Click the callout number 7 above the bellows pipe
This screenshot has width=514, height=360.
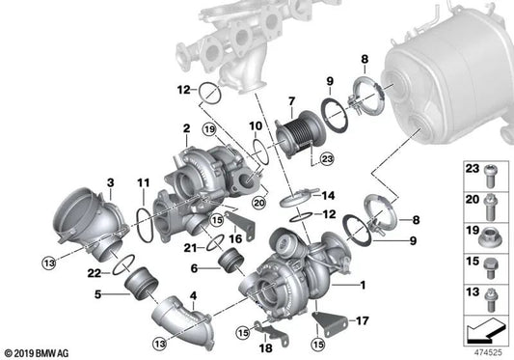291,101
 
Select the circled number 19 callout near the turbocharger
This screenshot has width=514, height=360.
209,129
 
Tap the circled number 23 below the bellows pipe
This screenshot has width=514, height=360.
327,159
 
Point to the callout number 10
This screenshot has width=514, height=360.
256,126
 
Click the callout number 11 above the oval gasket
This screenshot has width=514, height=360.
144,182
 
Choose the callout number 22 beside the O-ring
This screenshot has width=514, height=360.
95,273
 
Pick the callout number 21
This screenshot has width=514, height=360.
190,248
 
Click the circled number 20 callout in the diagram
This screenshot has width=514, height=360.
259,203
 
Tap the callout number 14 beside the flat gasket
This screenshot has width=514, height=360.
328,196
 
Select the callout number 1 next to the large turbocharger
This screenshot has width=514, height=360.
363,285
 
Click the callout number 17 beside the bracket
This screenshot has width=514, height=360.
363,320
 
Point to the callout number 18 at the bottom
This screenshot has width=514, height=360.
265,348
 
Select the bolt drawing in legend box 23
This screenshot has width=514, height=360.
491,176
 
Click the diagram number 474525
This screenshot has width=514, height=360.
488,352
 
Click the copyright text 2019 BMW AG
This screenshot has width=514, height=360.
37,353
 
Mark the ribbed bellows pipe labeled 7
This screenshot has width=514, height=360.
300,134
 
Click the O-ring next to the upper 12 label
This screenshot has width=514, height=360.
210,94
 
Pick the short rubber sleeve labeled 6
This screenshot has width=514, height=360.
230,262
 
